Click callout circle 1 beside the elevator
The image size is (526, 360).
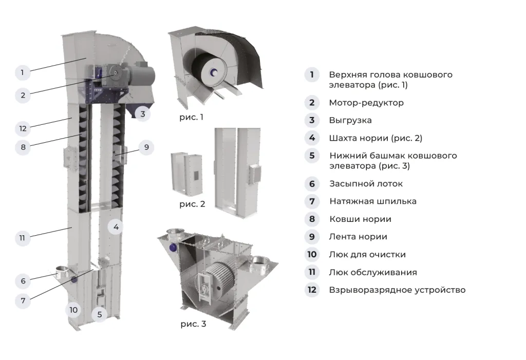point(22,72)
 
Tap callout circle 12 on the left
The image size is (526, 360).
point(23,128)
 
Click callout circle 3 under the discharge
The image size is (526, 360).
point(143,113)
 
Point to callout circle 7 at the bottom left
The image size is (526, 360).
point(23,299)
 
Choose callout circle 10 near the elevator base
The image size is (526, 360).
point(73,310)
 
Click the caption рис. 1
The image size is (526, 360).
point(191,117)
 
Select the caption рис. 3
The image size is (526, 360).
point(194,324)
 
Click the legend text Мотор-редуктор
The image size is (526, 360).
point(366,103)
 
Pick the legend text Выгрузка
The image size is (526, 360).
point(350,121)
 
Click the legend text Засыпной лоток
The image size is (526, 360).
point(365,183)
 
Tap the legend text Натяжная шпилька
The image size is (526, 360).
point(372,201)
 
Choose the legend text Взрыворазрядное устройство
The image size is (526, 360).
point(397,290)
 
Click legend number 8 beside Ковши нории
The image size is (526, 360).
point(312,219)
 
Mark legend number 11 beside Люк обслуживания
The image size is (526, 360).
point(312,272)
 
